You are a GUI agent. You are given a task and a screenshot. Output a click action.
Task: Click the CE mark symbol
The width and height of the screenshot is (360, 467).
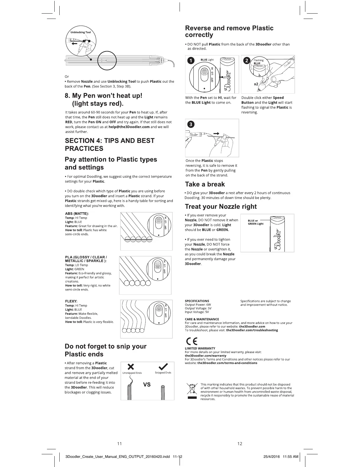pos(191,342)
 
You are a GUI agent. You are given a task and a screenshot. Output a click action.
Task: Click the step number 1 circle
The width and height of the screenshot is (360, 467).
pos(192,61)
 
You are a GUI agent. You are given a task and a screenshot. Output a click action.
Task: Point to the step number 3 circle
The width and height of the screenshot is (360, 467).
pos(191,124)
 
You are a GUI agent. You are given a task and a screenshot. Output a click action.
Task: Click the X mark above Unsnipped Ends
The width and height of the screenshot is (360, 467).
pos(131,367)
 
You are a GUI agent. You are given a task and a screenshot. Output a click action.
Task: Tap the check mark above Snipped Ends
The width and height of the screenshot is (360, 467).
pos(163,367)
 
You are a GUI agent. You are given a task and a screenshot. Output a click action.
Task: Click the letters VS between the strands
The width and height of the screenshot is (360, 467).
pos(147,384)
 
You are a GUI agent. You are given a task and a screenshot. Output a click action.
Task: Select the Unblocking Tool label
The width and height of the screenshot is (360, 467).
pos(81,32)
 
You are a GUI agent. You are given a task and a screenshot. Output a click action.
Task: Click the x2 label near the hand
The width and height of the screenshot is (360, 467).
pos(256,84)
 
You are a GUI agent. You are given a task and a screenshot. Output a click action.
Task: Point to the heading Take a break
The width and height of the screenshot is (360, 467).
pos(205,184)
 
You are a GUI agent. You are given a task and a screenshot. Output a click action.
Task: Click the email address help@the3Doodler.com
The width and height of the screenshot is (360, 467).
pos(129,127)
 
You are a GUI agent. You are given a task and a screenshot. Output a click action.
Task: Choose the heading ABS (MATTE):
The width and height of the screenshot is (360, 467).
pos(77,213)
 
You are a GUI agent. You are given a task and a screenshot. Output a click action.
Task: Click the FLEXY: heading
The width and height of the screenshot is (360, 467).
pos(71,301)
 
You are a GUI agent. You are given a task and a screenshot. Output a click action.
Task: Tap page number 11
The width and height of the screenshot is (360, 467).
pos(120,443)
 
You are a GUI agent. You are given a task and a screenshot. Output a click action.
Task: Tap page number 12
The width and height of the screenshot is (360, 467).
pos(240,443)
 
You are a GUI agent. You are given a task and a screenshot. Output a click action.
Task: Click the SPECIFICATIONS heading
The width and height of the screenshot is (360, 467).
pos(197,301)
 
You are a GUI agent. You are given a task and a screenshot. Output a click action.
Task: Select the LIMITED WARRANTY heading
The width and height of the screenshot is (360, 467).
pos(200,348)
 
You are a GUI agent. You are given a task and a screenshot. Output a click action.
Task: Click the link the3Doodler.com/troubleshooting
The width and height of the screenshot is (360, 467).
pos(252,330)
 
